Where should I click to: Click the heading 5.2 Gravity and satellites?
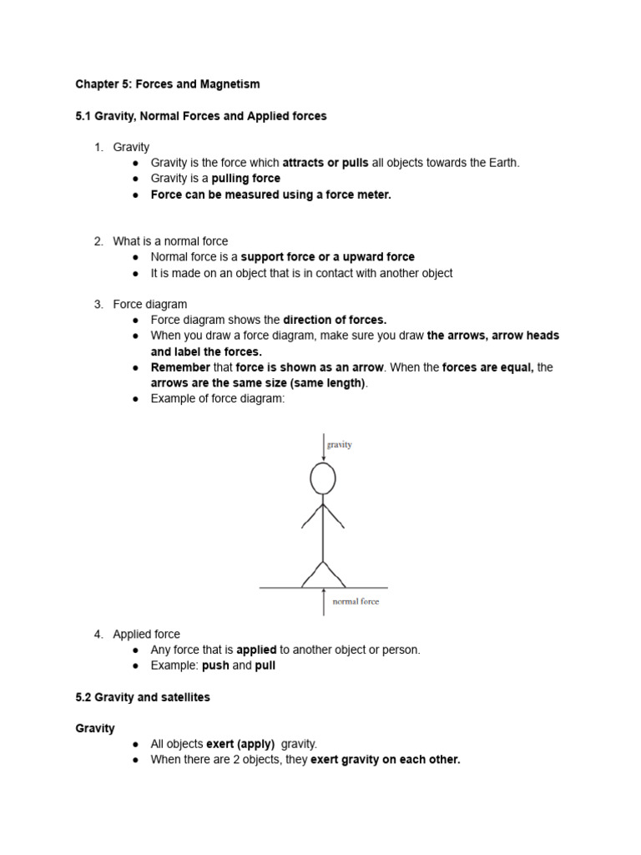tap(143, 697)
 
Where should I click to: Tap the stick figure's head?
tap(323, 478)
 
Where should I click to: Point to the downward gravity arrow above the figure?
tap(323, 447)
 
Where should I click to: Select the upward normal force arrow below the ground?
tap(323, 601)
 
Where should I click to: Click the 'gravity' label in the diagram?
tap(340, 445)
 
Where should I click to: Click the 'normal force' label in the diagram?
tap(356, 601)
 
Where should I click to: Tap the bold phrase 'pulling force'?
tap(246, 179)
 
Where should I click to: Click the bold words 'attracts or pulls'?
tap(326, 163)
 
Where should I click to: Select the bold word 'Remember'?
tap(180, 367)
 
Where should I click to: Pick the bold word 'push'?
tap(215, 665)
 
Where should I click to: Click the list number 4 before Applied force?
tap(98, 635)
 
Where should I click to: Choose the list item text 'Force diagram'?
tap(150, 305)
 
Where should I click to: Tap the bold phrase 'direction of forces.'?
tap(336, 320)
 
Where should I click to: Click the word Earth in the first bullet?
tap(501, 163)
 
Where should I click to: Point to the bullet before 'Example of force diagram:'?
tap(135, 399)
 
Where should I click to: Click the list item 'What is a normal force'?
tap(170, 241)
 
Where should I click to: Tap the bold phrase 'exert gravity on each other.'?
tap(386, 760)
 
